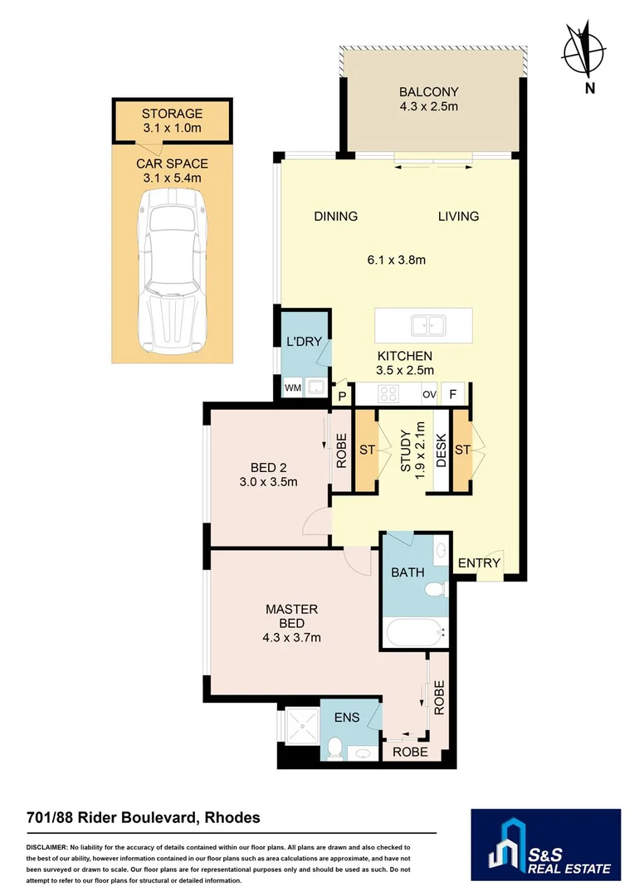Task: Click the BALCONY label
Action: [429, 91]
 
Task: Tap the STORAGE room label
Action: [172, 114]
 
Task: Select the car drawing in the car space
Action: [172, 270]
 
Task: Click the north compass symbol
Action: [584, 51]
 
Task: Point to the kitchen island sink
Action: [428, 325]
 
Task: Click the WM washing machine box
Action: [293, 388]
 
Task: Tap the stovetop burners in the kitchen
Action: [389, 394]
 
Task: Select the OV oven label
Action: [429, 394]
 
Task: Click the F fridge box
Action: [453, 394]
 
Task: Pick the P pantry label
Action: [343, 396]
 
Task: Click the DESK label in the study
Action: [441, 450]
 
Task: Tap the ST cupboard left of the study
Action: [367, 450]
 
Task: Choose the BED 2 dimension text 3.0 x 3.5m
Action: [268, 482]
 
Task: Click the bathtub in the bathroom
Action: [416, 632]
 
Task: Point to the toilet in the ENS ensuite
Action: [335, 747]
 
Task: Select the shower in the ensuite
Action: [302, 726]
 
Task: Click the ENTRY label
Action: [479, 562]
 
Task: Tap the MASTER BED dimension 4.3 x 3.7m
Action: [291, 637]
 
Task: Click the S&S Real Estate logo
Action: [545, 844]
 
